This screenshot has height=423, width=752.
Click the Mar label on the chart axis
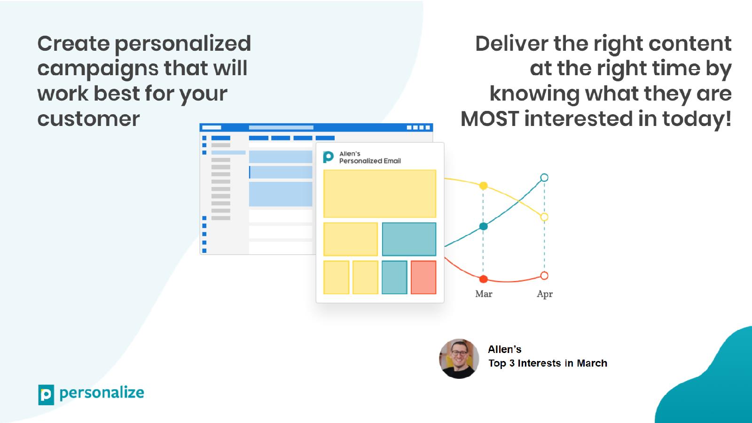coord(484,294)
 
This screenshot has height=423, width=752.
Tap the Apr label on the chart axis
coord(545,294)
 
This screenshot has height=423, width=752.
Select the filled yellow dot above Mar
coord(484,186)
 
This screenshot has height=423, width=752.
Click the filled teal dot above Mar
coord(484,226)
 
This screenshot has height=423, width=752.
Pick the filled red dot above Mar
coord(484,279)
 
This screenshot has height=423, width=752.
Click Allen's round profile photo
coord(459,359)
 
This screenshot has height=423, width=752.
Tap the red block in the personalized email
coord(423,277)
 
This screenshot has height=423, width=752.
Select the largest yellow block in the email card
coord(380,194)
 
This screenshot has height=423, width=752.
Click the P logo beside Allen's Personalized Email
coord(328,157)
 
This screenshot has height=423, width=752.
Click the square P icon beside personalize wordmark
coord(46,395)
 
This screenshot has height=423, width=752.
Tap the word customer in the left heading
coord(89,119)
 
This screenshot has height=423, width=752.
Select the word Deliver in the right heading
coord(511,44)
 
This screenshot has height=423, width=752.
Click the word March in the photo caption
coord(592,363)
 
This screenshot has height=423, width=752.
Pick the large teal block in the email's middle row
coord(409,239)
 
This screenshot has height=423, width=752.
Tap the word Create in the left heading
coord(73,44)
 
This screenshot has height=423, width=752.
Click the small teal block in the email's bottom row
coord(394,277)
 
